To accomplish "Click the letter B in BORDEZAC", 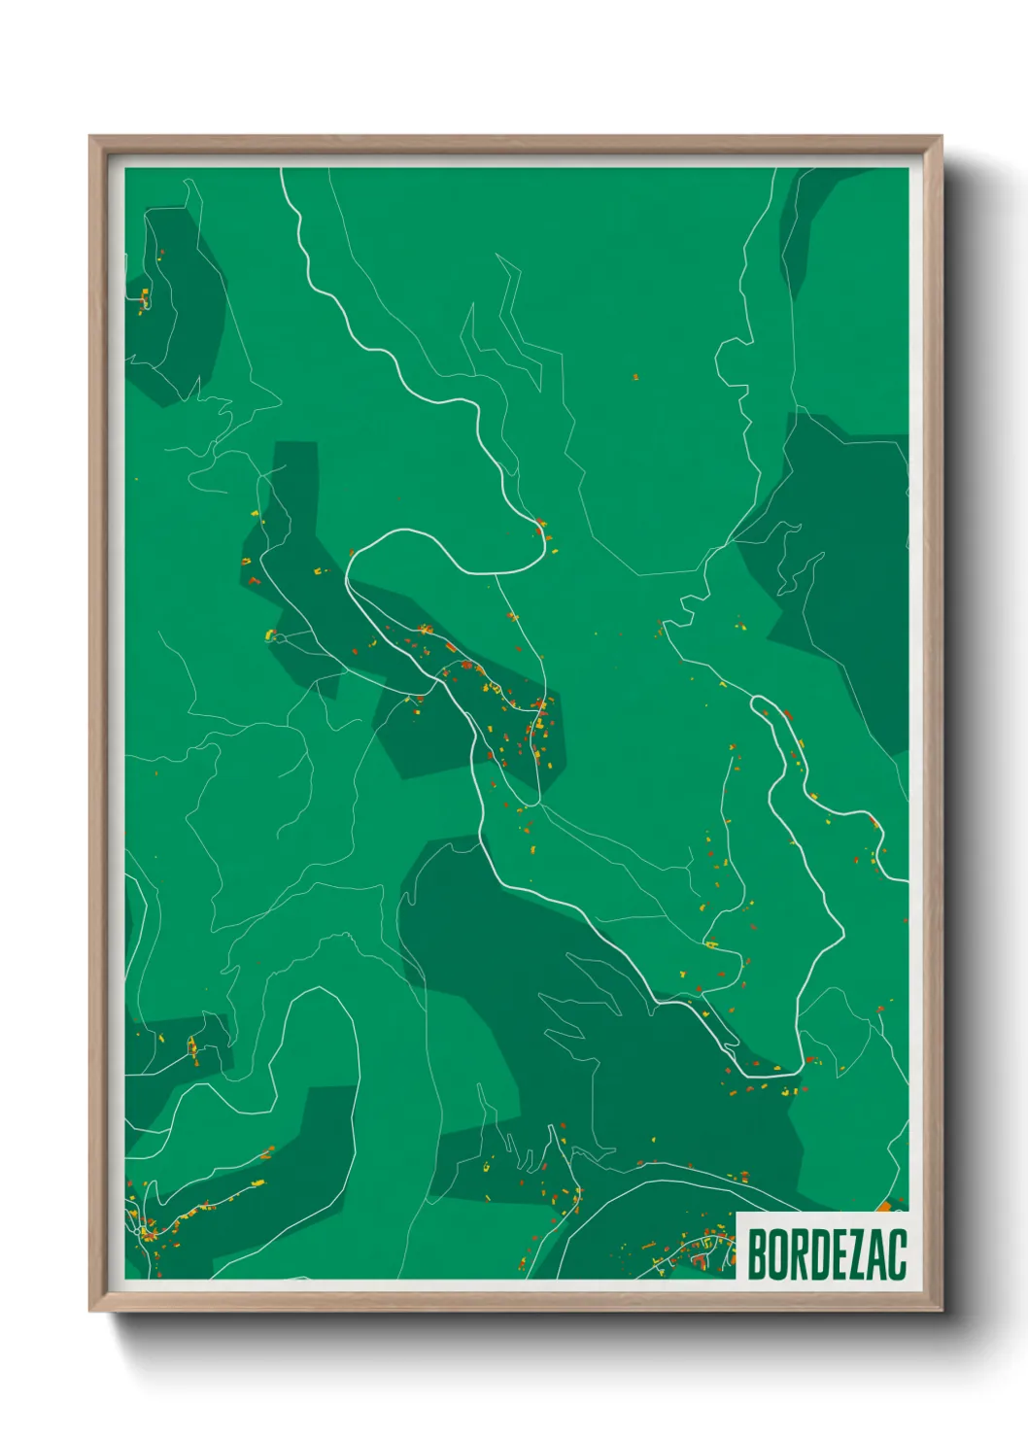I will point(758,1254).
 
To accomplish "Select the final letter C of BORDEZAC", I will point(897,1254).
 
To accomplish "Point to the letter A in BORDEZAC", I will point(876,1254).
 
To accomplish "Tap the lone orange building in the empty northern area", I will point(635,376).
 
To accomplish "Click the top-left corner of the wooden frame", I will point(90,137).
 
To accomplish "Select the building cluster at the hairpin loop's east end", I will point(542,530).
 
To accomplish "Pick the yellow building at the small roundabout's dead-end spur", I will point(270,635).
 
